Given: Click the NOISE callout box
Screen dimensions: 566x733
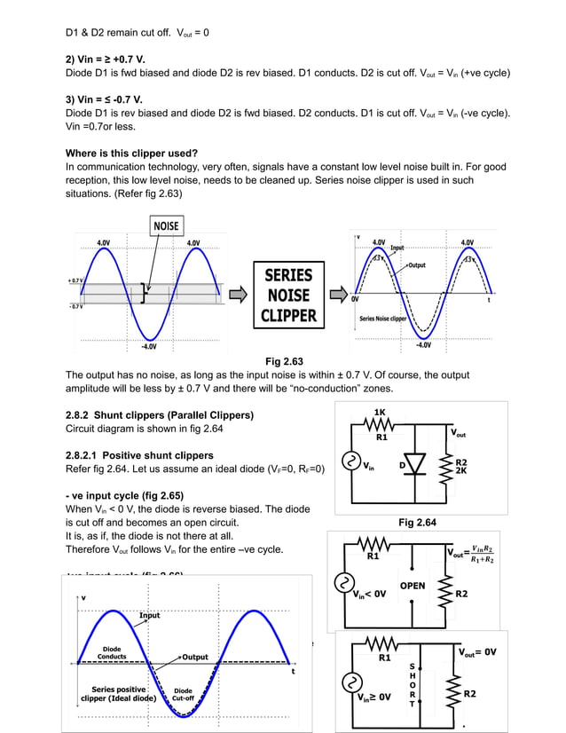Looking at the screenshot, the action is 166,225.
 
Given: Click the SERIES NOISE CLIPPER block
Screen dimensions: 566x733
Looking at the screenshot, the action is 289,295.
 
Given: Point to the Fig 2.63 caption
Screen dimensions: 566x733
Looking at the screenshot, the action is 284,361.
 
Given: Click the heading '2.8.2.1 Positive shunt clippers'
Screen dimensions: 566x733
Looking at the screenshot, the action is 139,455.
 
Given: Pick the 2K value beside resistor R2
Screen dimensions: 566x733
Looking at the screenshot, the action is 461,471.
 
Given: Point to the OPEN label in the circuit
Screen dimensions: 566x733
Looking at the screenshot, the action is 413,586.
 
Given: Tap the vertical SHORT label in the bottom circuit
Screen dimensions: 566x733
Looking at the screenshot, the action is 411,683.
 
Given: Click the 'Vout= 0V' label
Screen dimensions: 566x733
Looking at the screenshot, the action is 477,651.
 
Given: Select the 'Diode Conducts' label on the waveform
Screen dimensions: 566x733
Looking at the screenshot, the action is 113,652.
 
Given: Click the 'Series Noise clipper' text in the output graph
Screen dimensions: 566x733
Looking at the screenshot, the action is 383,318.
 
